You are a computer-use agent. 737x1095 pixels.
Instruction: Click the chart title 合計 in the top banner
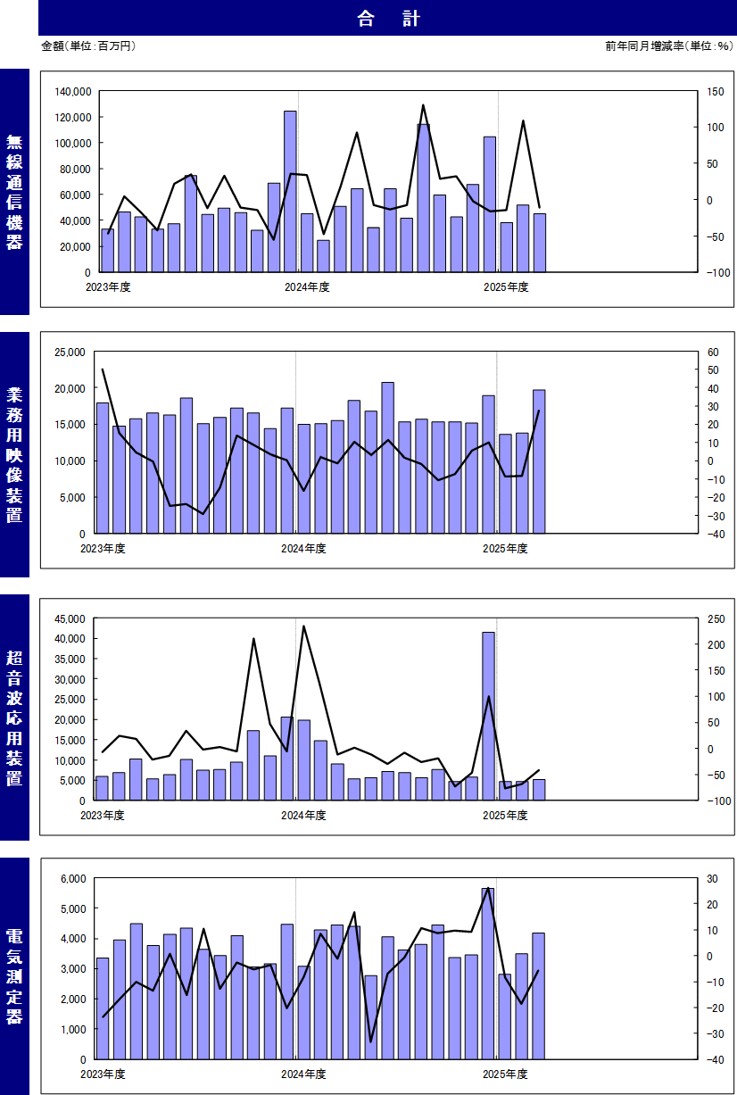(x=387, y=18)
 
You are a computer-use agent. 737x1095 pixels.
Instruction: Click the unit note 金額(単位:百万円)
(x=88, y=46)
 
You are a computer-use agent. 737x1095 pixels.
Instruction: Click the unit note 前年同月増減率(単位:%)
(x=667, y=46)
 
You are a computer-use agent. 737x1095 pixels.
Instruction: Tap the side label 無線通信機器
(x=14, y=192)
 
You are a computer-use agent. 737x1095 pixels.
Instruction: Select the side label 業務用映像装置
(x=14, y=454)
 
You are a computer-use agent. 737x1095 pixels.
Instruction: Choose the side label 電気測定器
(x=14, y=976)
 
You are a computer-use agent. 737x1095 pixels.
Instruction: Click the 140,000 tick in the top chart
(x=72, y=91)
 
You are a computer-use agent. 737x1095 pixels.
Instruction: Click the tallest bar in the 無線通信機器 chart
(x=290, y=191)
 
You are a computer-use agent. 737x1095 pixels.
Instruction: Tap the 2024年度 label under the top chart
(x=307, y=286)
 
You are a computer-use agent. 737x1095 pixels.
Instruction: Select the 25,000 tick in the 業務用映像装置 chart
(x=70, y=352)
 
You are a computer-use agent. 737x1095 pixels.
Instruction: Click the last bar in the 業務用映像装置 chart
(x=539, y=460)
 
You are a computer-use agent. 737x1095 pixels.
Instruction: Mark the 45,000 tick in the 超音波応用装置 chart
(x=70, y=618)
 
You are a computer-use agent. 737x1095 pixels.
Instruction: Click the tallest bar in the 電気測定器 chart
(x=488, y=973)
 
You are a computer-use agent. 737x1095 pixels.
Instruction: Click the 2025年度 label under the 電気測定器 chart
(x=505, y=1074)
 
